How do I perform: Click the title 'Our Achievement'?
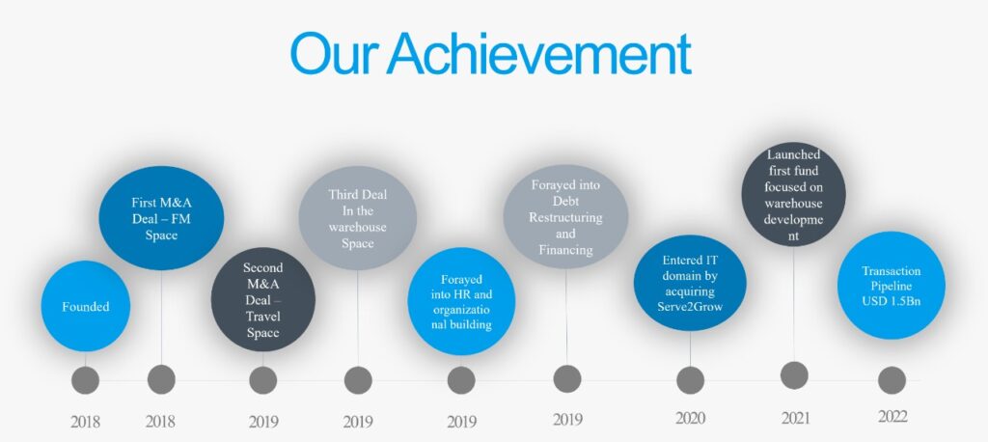[x=491, y=54]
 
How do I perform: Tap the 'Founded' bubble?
[x=86, y=307]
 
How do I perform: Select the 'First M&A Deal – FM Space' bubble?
[x=161, y=218]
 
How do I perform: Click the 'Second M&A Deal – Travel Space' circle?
[x=262, y=299]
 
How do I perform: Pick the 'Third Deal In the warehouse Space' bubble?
[x=357, y=218]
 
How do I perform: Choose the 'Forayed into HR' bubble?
[x=461, y=301]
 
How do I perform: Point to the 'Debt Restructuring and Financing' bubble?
[x=565, y=217]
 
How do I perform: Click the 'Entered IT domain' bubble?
[x=690, y=283]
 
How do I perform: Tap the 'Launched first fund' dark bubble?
[x=793, y=194]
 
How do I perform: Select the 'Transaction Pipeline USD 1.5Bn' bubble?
[x=891, y=286]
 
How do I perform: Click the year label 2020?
[x=690, y=418]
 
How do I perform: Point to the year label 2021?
[x=794, y=418]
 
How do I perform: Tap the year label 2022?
[x=892, y=417]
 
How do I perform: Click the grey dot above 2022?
[x=892, y=380]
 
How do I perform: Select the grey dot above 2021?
[x=794, y=375]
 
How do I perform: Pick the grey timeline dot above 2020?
[x=690, y=380]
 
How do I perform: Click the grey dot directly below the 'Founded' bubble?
[x=85, y=380]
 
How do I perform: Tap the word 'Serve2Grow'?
[x=690, y=307]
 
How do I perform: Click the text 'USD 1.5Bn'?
[x=891, y=301]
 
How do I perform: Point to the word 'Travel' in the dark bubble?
[x=262, y=317]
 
